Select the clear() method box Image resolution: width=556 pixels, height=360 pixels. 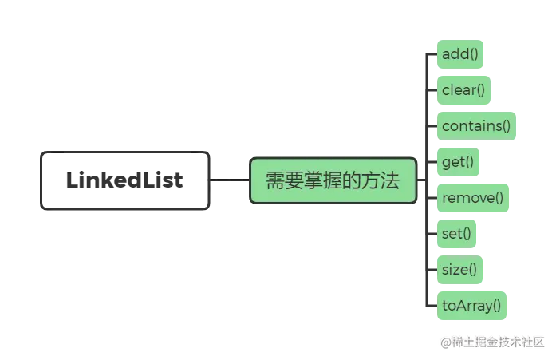(463, 90)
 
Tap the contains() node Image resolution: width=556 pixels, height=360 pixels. (475, 126)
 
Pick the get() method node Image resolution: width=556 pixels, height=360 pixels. (458, 162)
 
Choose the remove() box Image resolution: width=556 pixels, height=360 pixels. (472, 198)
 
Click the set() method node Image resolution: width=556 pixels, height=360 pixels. (456, 234)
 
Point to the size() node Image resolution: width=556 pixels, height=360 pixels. (459, 269)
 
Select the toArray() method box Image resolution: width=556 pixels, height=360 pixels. (471, 305)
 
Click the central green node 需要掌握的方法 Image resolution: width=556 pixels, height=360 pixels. (333, 180)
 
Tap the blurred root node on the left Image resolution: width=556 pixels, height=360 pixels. (124, 180)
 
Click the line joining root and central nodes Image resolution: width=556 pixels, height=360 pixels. (230, 181)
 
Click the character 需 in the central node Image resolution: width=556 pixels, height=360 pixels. (274, 181)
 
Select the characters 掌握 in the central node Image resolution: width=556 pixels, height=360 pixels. (322, 181)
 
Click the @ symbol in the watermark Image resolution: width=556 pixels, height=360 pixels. (443, 342)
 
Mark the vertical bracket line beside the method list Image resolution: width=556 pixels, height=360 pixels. (424, 180)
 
